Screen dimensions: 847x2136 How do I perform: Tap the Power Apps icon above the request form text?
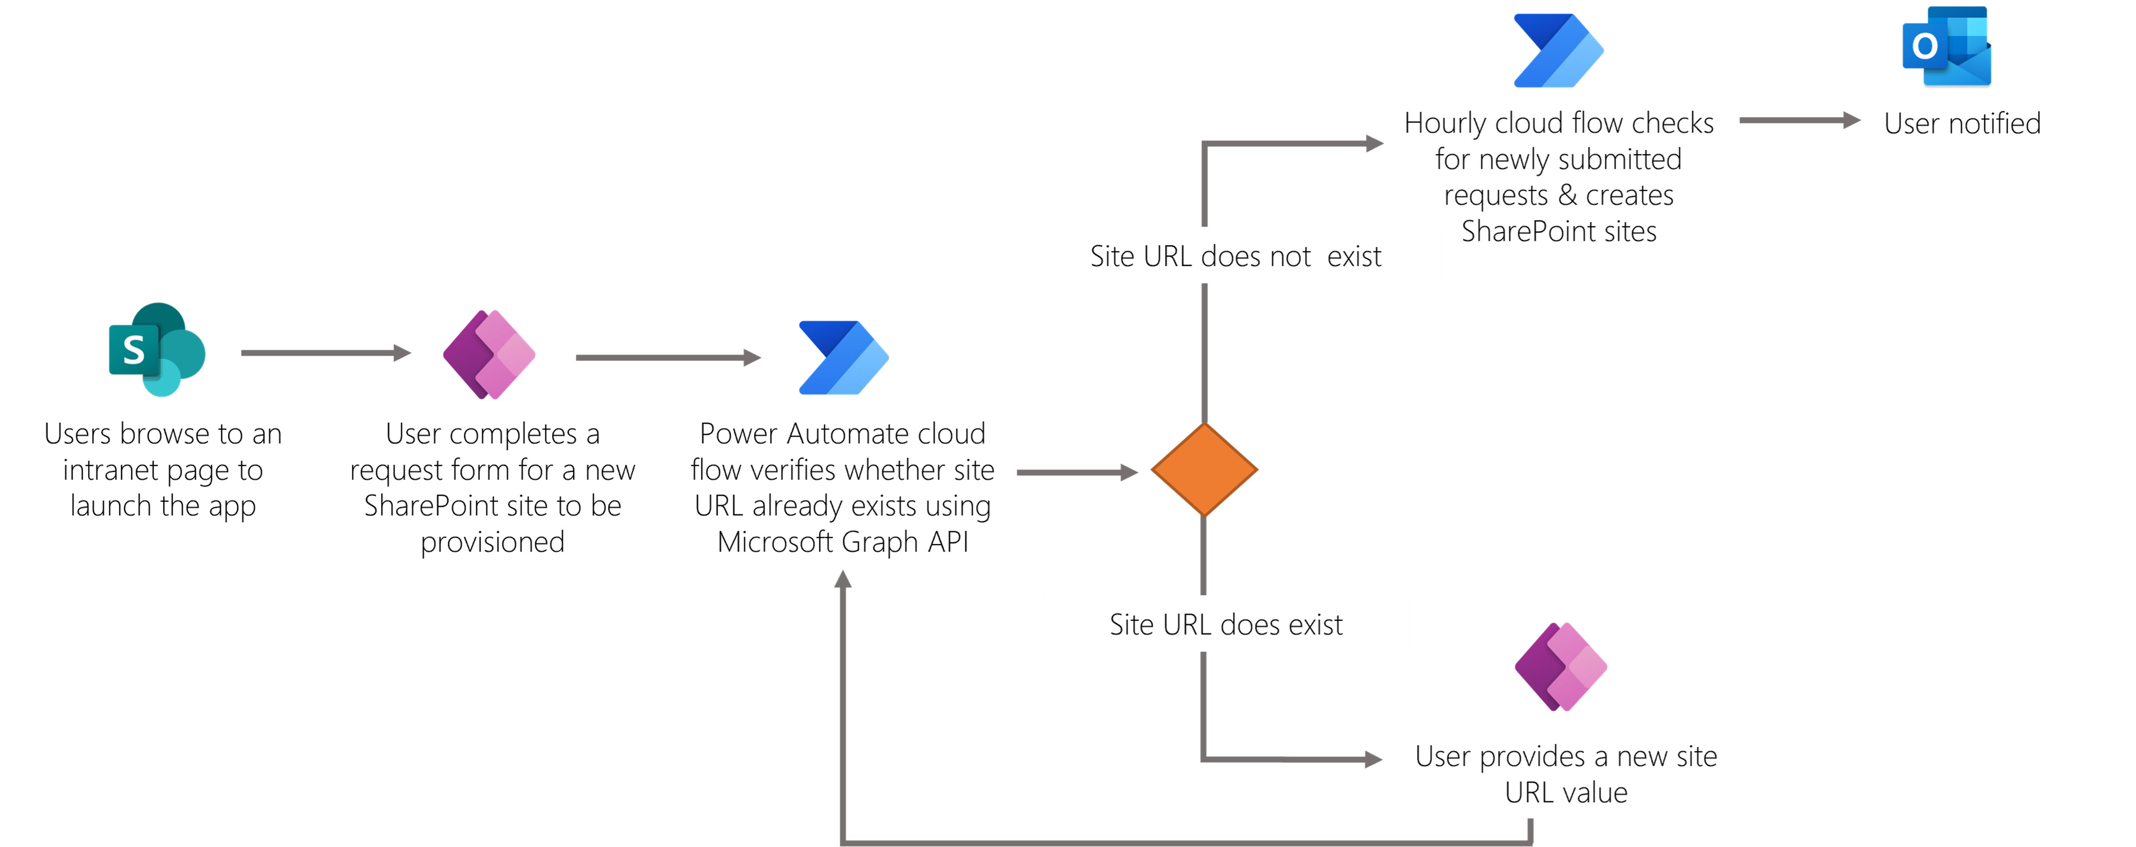[489, 355]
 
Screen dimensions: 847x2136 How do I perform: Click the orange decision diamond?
[1204, 470]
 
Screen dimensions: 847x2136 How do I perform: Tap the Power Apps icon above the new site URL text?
[1561, 666]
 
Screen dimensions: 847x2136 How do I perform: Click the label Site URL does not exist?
[1235, 256]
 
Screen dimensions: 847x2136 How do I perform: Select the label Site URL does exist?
[1226, 624]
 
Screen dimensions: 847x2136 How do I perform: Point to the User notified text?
[1962, 124]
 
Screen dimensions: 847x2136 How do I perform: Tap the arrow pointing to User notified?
[1799, 120]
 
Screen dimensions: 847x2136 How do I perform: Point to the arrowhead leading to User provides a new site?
[1372, 759]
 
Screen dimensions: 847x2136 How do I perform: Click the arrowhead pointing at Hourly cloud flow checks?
[1374, 143]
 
